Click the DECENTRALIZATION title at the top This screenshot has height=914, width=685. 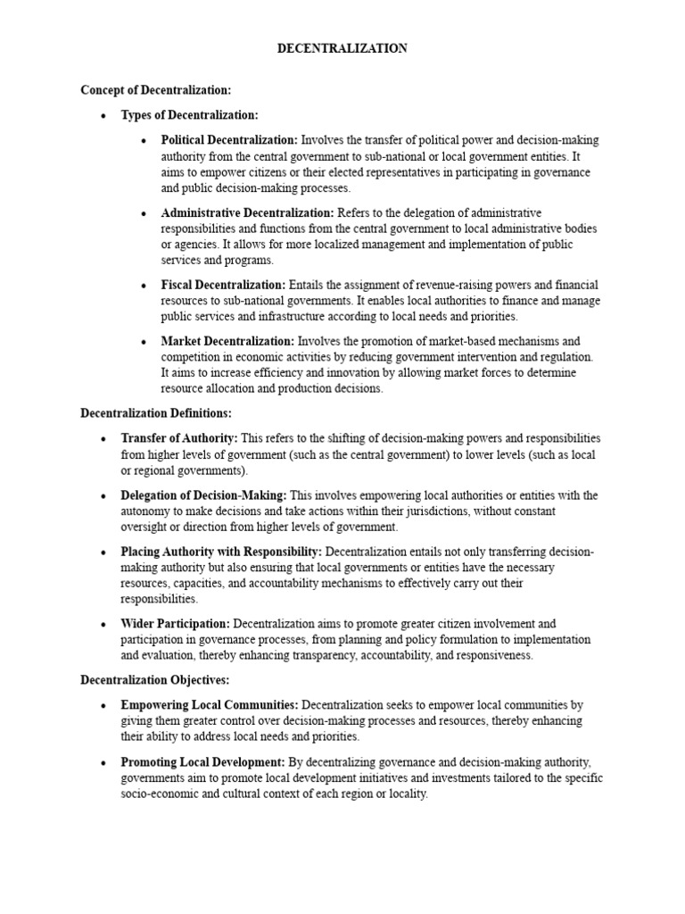click(x=342, y=49)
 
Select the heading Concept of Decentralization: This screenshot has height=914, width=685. click(x=155, y=90)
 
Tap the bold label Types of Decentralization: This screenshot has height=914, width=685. click(x=190, y=115)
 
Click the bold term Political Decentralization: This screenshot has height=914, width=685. click(x=229, y=140)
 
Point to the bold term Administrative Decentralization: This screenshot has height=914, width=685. click(x=247, y=212)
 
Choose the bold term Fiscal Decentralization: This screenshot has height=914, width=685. click(x=223, y=285)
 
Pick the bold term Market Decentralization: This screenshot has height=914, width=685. click(x=227, y=341)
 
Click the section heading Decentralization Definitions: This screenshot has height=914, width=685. click(x=156, y=413)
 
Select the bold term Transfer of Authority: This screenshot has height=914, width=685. click(x=178, y=438)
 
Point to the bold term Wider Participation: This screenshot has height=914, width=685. click(x=175, y=623)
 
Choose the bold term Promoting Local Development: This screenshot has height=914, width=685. click(x=202, y=761)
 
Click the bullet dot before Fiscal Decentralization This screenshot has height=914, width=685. click(x=144, y=286)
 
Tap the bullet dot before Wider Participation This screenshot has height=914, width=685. click(x=104, y=624)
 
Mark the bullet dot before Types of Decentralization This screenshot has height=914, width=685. click(x=104, y=116)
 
